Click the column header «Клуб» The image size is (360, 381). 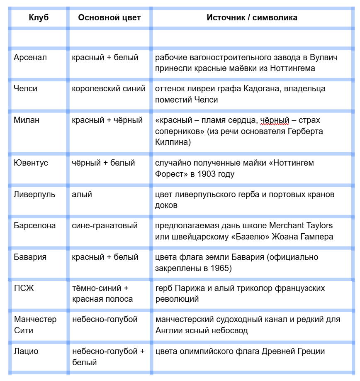39,17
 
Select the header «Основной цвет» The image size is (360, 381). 109,17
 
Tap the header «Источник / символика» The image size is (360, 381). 252,17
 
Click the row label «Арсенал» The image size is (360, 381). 30,57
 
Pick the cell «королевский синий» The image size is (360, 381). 109,88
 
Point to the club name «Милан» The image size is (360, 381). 27,120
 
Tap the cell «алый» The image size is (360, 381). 82,194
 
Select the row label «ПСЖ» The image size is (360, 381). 24,288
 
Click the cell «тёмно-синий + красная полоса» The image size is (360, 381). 102,293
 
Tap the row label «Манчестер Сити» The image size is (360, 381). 35,325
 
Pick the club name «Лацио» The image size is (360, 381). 26,351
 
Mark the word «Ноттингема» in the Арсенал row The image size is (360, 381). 294,68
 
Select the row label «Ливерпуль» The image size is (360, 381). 34,194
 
